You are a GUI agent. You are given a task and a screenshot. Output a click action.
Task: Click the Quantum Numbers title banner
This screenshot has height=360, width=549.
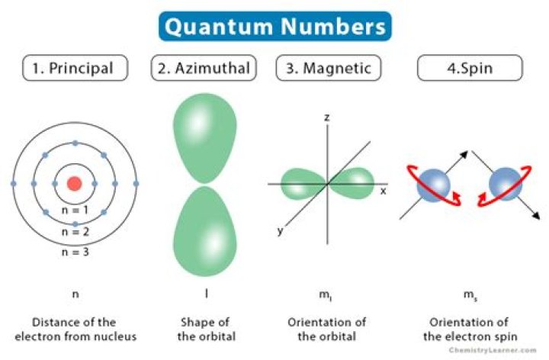coord(275,26)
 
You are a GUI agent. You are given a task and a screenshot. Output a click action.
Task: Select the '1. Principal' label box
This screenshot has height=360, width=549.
coord(75,68)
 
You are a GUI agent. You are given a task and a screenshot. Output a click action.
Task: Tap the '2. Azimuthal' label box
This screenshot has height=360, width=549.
coord(204,68)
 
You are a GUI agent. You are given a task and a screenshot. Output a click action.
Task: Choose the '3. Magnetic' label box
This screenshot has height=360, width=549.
coord(329,68)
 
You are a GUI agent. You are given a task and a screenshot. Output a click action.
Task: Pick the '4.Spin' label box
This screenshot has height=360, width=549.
coord(470,68)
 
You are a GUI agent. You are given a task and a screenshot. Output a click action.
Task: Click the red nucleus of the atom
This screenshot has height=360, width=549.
coord(74,184)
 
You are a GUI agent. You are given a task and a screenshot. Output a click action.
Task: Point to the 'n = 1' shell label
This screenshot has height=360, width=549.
coord(75,210)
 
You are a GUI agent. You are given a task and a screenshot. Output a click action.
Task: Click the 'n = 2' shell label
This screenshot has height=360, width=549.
coord(75,231)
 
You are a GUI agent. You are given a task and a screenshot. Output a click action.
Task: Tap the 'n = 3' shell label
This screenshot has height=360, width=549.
coord(75,252)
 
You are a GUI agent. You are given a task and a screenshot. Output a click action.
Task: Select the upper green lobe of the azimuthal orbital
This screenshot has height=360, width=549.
coord(205,137)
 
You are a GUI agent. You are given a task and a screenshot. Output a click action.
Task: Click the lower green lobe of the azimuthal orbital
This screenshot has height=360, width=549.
coord(205,231)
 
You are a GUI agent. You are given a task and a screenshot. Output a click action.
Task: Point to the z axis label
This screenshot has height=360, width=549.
coord(326,117)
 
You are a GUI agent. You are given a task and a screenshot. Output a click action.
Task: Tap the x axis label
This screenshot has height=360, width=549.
coord(384,191)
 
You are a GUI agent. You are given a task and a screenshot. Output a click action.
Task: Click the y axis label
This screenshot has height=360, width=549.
coord(280,231)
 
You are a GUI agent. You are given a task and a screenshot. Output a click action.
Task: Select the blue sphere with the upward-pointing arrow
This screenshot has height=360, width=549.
coord(433,185)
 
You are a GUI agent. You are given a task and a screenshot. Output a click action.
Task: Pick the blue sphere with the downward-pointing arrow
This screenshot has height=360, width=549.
coord(506,184)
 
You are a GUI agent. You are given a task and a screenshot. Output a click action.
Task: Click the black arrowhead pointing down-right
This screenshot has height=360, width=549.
coord(536,216)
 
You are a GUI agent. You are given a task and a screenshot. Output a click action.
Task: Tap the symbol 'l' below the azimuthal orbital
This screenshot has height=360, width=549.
coord(207,293)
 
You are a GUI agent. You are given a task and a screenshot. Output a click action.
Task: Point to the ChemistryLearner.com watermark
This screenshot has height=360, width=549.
coord(493,350)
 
